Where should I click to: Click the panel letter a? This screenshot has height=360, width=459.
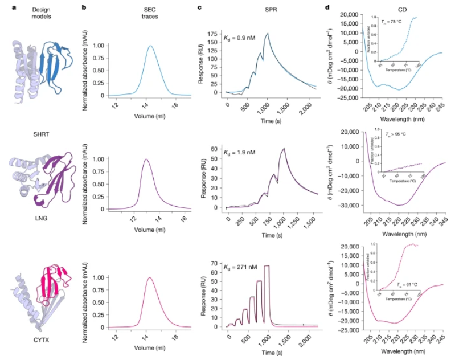click(x=6, y=7)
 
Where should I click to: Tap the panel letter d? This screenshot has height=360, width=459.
click(x=327, y=7)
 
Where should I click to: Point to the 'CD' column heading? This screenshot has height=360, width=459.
click(x=394, y=10)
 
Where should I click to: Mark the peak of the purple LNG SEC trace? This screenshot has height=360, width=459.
click(x=146, y=159)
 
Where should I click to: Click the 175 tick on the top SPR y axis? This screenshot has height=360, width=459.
click(x=216, y=34)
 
